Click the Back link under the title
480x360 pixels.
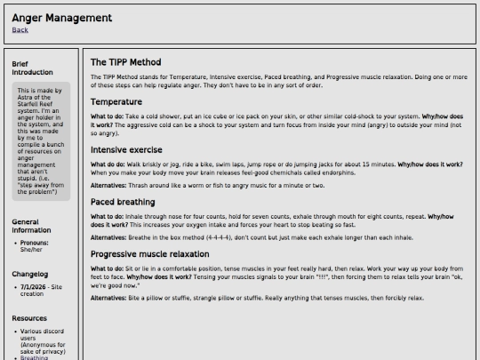tap(20, 30)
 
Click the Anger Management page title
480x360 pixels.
tap(61, 17)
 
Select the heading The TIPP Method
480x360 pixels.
tap(125, 62)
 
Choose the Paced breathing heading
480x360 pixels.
tap(124, 202)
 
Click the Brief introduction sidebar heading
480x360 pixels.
tap(32, 68)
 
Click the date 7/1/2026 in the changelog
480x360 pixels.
tap(34, 288)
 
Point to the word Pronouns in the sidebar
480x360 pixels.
tap(36, 242)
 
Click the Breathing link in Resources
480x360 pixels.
tap(35, 357)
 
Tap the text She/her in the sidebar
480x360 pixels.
tap(31, 249)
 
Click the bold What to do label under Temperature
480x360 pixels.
tap(108, 116)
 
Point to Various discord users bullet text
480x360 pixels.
tap(39, 336)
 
